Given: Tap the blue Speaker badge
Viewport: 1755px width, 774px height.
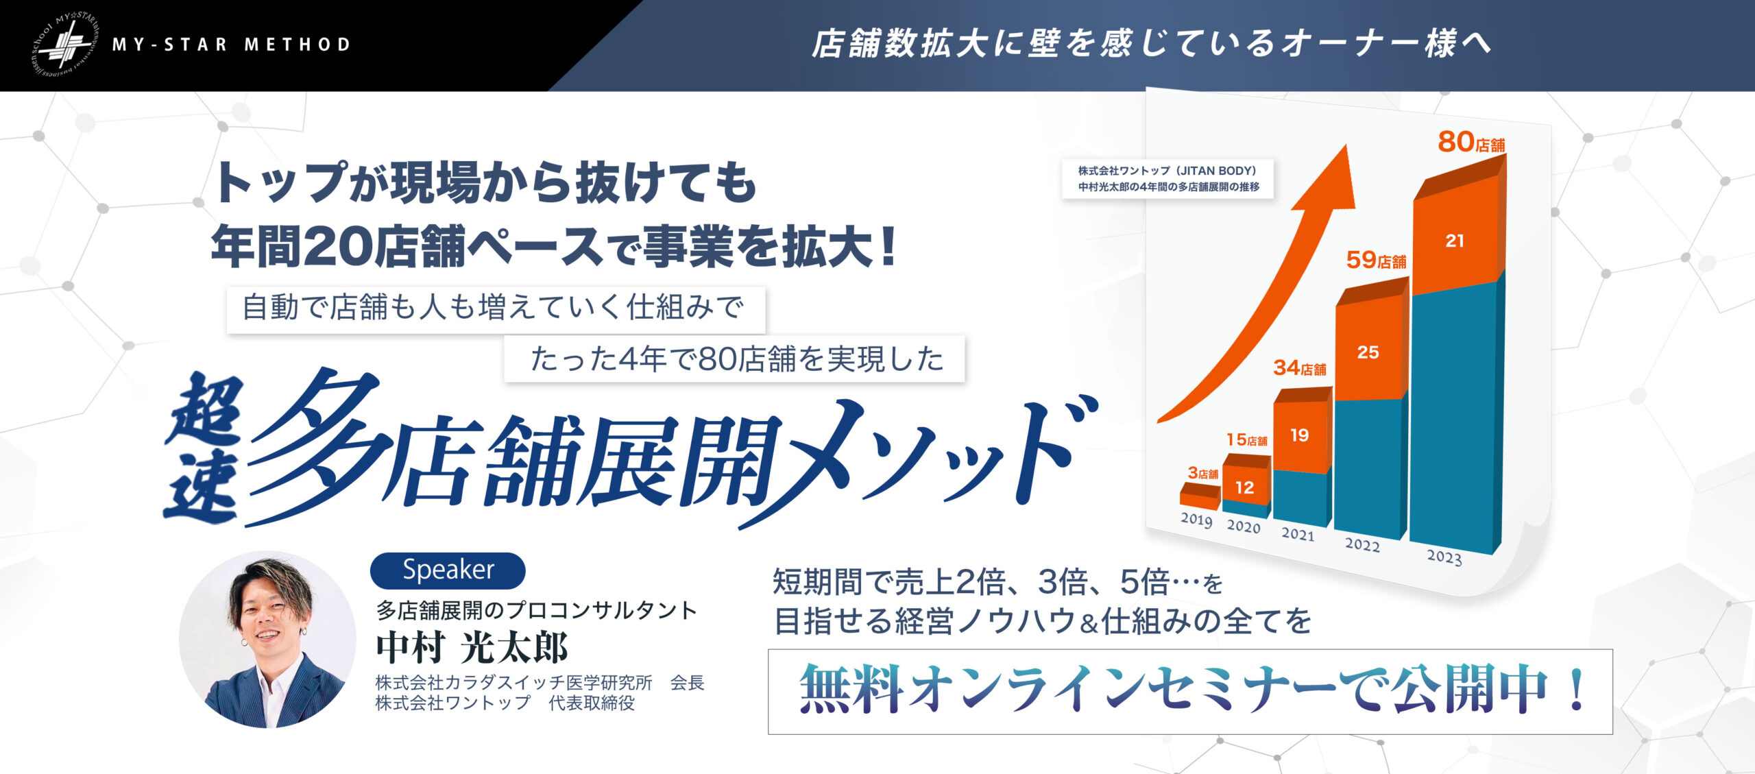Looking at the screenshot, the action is [x=448, y=570].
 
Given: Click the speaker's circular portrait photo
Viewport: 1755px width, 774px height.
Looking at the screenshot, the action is [x=267, y=640].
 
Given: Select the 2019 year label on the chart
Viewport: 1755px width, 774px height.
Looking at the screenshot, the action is [x=1196, y=520].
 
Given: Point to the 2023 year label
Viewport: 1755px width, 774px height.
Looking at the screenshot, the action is [x=1444, y=557].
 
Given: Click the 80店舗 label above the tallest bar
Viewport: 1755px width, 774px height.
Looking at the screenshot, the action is [x=1471, y=142].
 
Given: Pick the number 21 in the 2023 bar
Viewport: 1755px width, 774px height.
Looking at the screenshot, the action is [x=1455, y=241].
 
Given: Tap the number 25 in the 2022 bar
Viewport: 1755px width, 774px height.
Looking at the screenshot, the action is [x=1368, y=352].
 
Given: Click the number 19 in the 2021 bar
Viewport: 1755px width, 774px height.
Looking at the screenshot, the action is [x=1299, y=435].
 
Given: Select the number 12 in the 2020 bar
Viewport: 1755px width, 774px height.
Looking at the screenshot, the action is [x=1244, y=487].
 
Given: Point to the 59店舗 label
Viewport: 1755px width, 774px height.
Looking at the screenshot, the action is [x=1376, y=260].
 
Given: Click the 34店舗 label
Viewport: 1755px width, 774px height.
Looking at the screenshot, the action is [x=1300, y=368].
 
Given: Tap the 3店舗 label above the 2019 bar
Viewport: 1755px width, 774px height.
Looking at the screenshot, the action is [x=1202, y=473].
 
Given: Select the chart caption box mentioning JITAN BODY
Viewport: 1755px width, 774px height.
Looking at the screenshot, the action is [x=1168, y=179].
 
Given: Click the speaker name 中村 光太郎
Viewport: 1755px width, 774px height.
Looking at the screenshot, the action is [x=472, y=648].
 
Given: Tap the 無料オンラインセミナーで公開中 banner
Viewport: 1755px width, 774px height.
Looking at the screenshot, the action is [x=1190, y=692].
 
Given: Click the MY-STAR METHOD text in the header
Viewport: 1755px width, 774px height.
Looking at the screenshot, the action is [x=231, y=45].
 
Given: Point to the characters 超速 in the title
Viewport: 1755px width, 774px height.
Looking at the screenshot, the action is [x=204, y=450].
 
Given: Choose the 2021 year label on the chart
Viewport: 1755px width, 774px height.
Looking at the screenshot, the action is [x=1298, y=534].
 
